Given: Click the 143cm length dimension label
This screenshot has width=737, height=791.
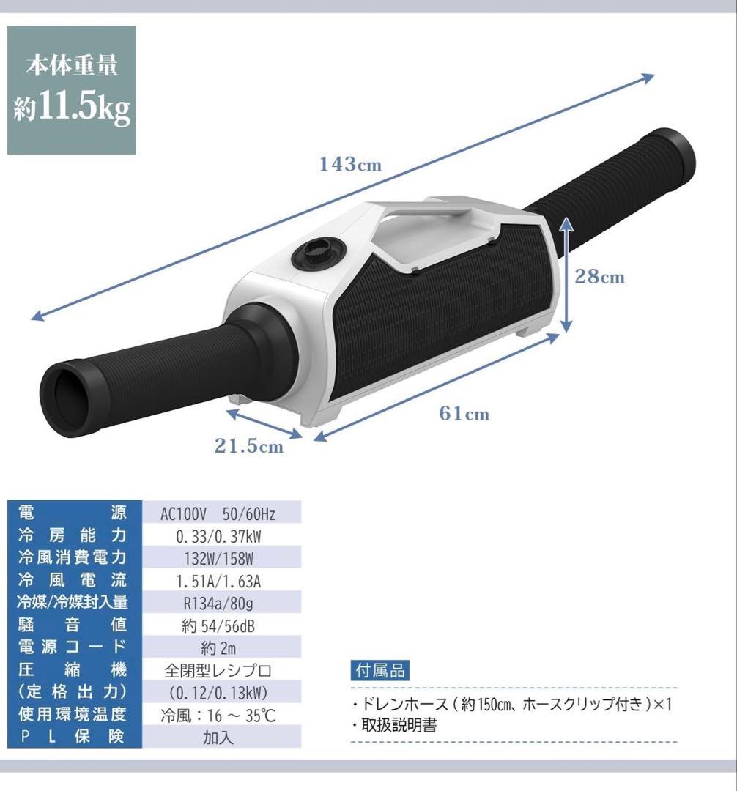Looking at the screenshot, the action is (351, 165).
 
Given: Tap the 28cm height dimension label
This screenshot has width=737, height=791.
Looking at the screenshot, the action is (599, 276).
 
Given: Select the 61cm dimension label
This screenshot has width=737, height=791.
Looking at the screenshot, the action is (464, 414).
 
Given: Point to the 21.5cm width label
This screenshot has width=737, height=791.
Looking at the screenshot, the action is (248, 445).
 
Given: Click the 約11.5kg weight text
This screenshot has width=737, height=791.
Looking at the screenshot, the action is (72, 108).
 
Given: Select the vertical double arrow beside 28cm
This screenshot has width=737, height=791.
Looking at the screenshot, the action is (566, 275).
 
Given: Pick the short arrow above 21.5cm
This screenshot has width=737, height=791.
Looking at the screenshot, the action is (264, 424).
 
